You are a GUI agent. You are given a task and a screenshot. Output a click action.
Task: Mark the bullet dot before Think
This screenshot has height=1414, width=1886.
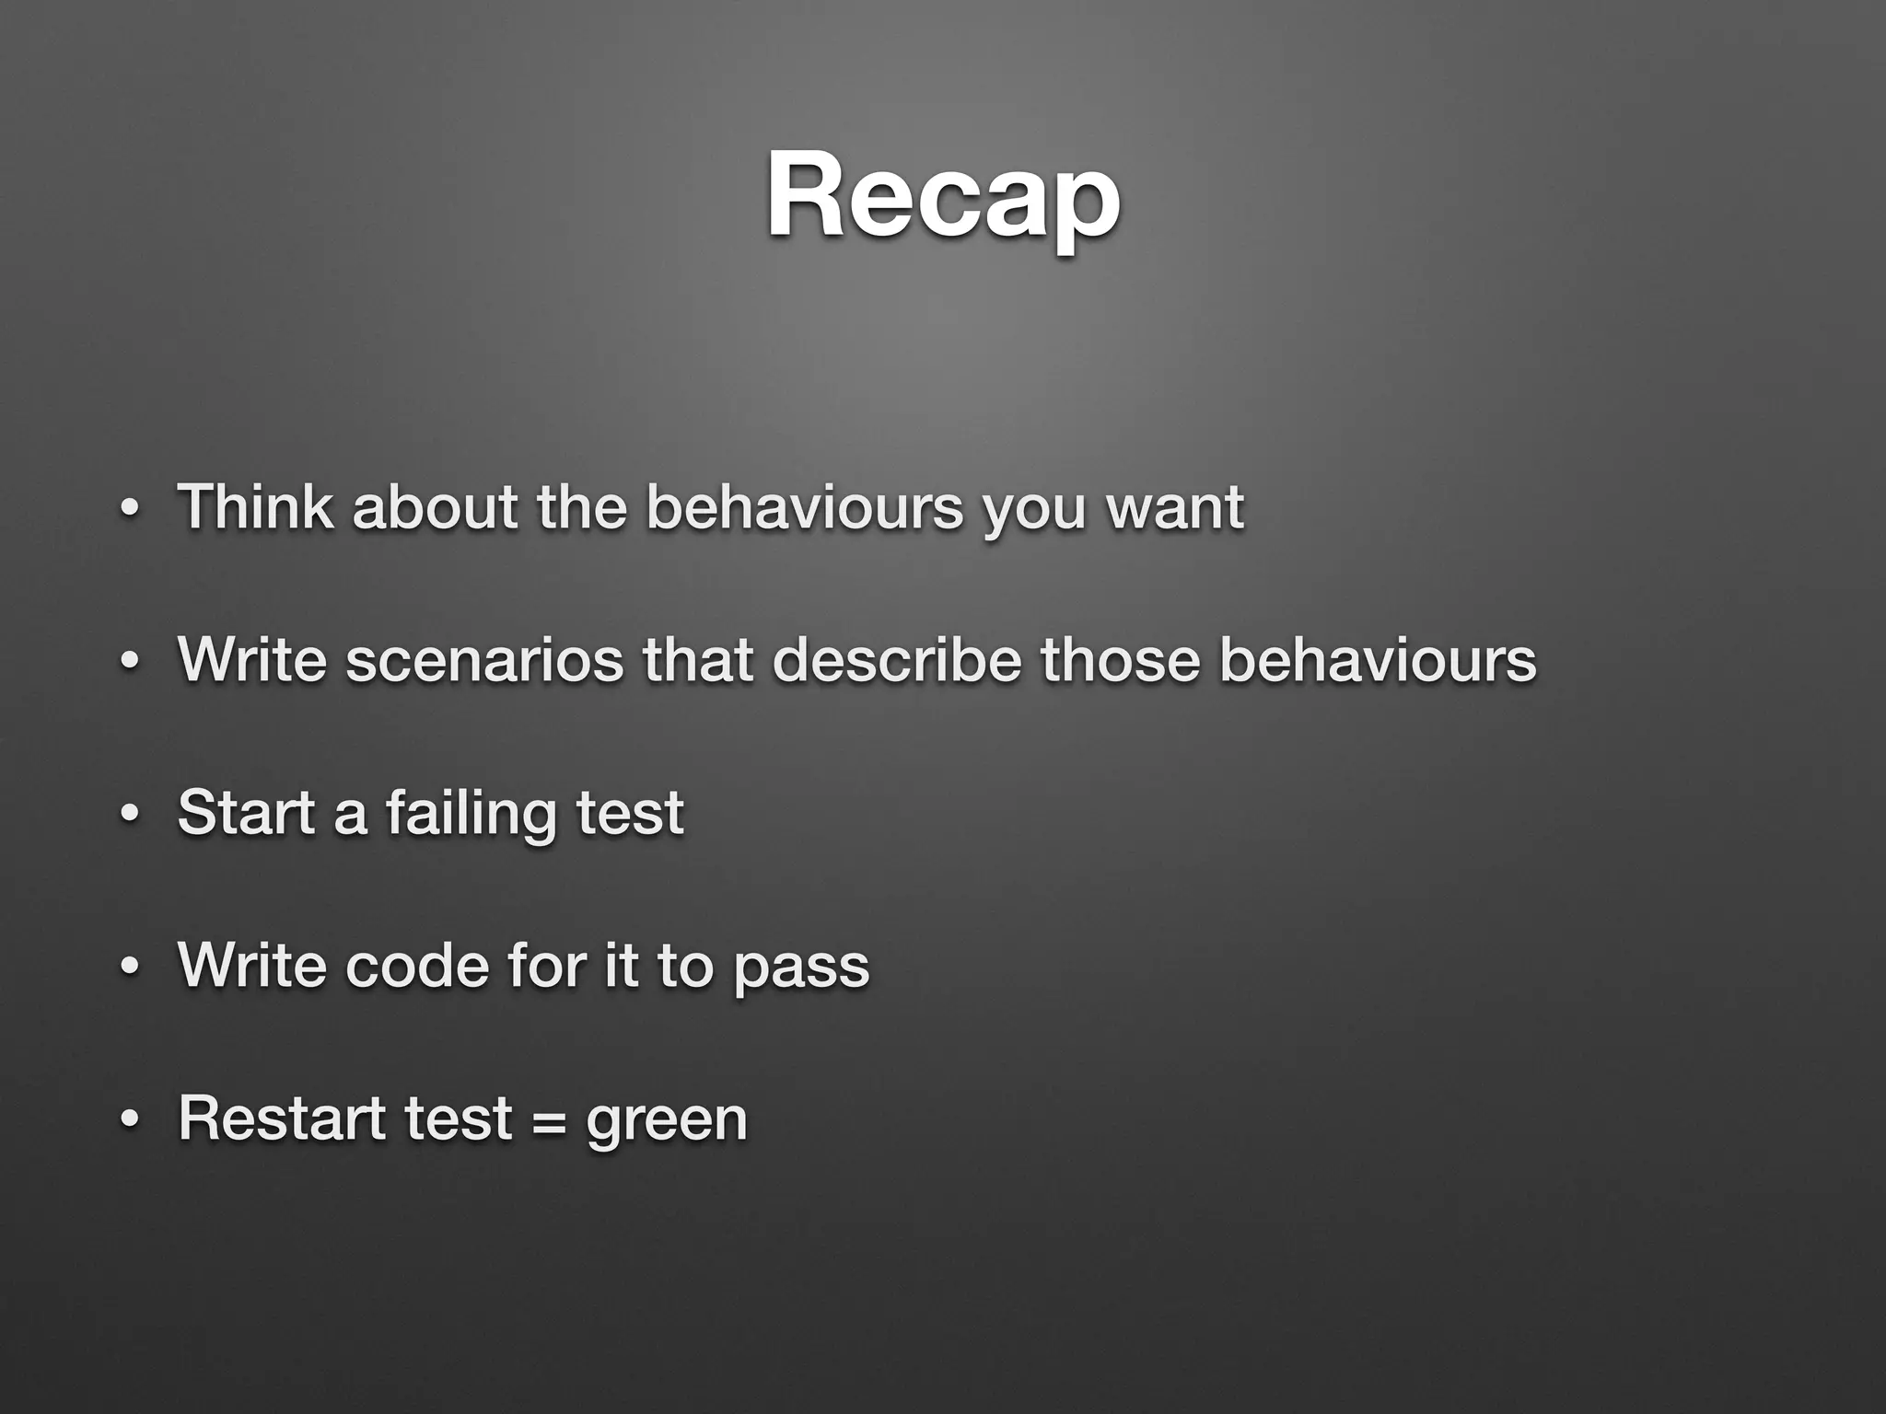pos(130,509)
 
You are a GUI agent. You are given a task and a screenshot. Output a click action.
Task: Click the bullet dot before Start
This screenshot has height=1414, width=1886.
pos(130,816)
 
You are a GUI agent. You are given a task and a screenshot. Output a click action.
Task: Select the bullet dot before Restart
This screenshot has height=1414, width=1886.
pos(130,1121)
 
